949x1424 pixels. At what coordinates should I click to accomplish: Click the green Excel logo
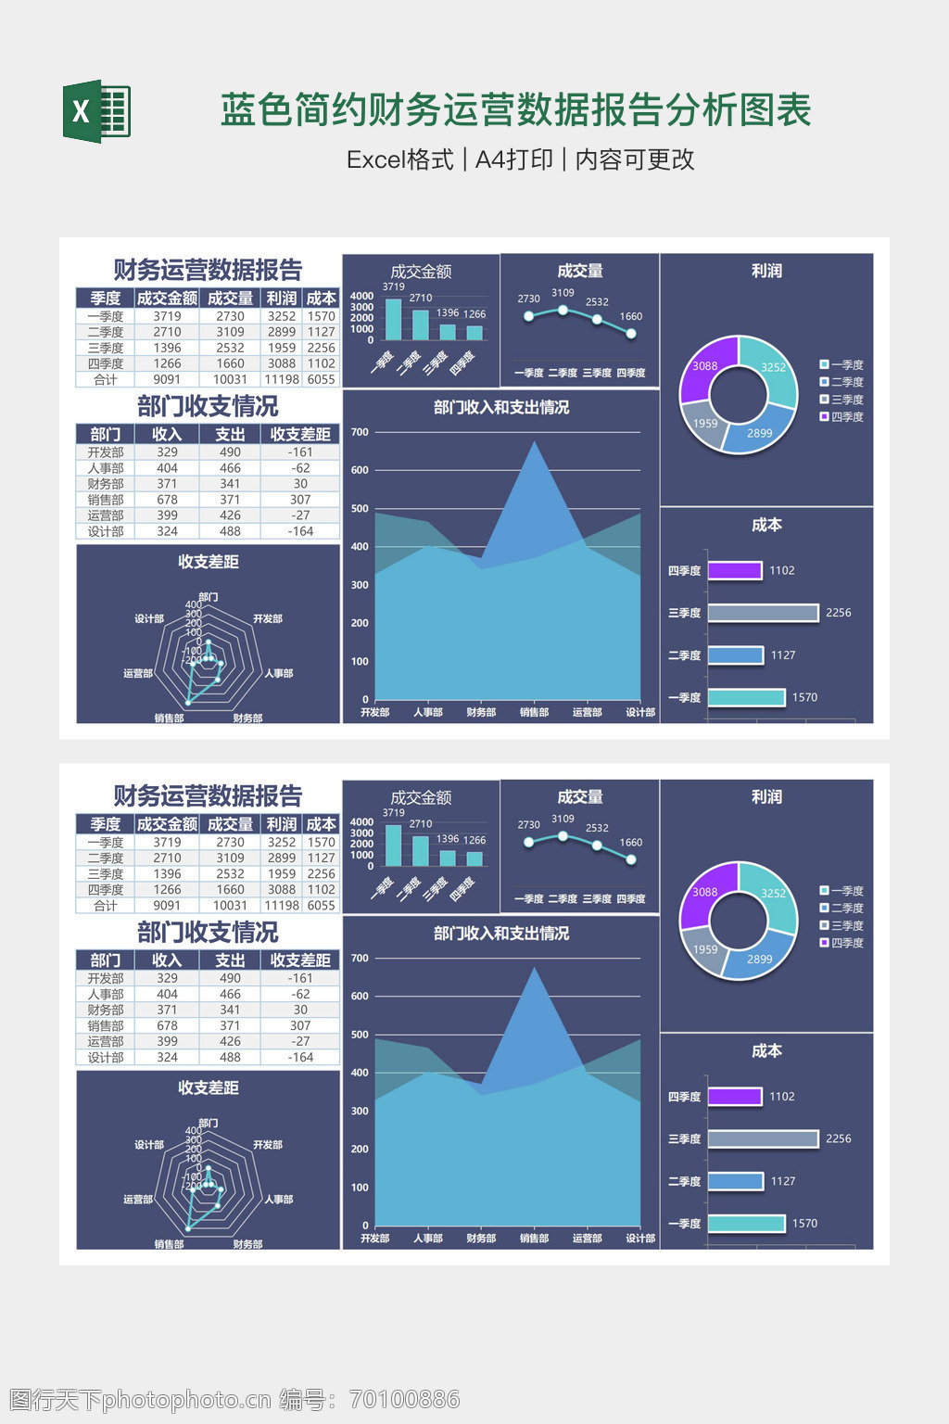[x=96, y=111]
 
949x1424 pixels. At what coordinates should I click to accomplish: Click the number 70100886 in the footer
[x=404, y=1399]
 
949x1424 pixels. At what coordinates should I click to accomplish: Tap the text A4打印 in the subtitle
[x=513, y=159]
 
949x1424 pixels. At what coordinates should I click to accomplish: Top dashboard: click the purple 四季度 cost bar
[x=734, y=570]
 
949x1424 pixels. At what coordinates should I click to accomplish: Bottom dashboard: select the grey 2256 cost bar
[x=763, y=1138]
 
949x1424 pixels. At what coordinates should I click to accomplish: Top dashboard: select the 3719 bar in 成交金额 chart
[x=393, y=319]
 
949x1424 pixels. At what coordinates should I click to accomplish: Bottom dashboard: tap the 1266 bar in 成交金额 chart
[x=474, y=858]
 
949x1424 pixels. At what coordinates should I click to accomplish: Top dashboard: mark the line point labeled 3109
[x=563, y=310]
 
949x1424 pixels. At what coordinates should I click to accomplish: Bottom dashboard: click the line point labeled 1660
[x=631, y=859]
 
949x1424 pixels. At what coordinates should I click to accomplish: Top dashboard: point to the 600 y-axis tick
[x=360, y=470]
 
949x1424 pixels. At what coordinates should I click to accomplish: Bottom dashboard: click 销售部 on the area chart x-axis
[x=534, y=1238]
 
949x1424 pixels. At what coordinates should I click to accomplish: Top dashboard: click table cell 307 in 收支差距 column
[x=300, y=500]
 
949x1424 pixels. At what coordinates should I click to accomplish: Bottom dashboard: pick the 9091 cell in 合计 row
[x=167, y=906]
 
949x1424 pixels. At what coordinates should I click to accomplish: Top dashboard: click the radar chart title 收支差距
[x=209, y=562]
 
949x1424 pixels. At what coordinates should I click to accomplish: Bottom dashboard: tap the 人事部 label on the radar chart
[x=278, y=1200]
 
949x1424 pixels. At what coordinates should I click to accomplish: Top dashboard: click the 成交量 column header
[x=230, y=298]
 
